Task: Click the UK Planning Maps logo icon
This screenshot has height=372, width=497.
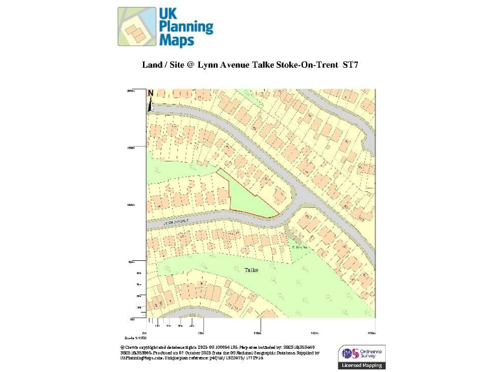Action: (137, 26)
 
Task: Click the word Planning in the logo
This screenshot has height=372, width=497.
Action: (186, 26)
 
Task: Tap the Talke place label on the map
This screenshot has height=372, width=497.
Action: (251, 270)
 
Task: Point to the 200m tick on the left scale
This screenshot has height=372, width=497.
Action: (131, 91)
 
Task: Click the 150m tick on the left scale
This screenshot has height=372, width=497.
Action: (131, 148)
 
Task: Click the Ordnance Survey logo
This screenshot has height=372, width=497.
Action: (362, 353)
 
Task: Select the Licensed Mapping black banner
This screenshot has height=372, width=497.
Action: (362, 366)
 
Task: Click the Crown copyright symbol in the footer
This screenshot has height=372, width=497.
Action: (122, 346)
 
